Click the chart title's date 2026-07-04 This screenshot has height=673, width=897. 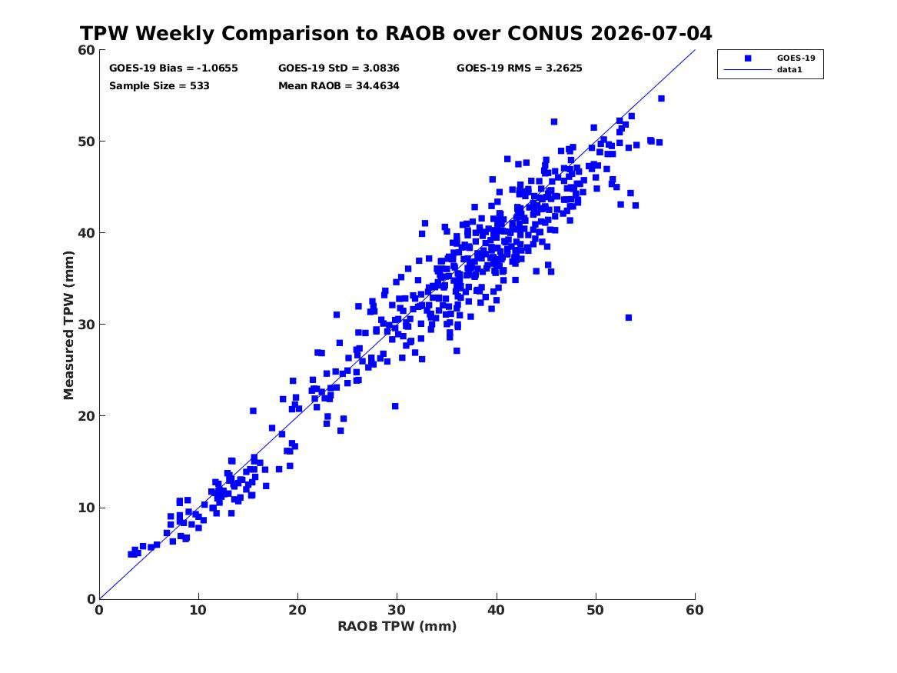[x=651, y=34]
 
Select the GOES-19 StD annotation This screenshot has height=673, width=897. [x=339, y=68]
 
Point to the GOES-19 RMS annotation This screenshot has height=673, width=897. [x=520, y=68]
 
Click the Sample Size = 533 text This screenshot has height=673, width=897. [x=159, y=86]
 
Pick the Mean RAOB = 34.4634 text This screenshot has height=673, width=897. [x=339, y=86]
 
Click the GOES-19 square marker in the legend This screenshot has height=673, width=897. [x=748, y=58]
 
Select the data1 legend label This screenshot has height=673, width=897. [x=789, y=70]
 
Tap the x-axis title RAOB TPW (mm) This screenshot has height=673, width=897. [x=397, y=626]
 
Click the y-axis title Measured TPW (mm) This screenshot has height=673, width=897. [x=68, y=325]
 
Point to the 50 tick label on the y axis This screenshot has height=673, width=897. [x=86, y=142]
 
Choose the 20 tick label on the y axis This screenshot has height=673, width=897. [x=86, y=416]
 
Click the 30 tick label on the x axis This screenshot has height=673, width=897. [x=397, y=610]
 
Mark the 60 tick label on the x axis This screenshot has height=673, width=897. [x=695, y=610]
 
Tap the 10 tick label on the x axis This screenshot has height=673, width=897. [x=198, y=610]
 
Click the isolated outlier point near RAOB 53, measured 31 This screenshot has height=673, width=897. [x=628, y=318]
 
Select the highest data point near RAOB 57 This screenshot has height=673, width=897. [x=661, y=98]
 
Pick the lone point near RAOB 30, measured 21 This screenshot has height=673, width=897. [x=395, y=406]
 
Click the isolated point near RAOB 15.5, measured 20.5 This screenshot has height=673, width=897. [x=253, y=411]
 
